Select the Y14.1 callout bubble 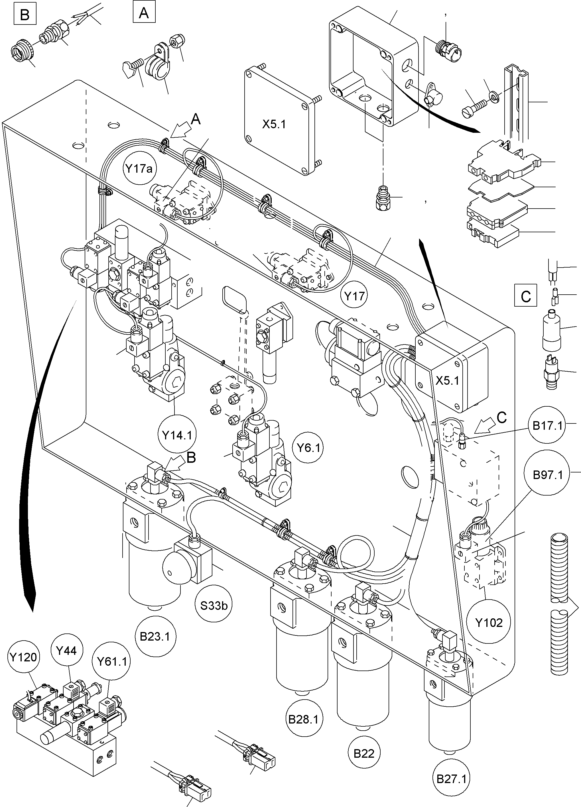177,435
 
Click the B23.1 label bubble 155,636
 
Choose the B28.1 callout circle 303,720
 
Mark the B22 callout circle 364,753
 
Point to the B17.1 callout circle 547,425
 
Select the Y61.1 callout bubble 112,661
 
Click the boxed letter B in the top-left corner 25,15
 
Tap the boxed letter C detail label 525,296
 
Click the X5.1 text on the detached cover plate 274,124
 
